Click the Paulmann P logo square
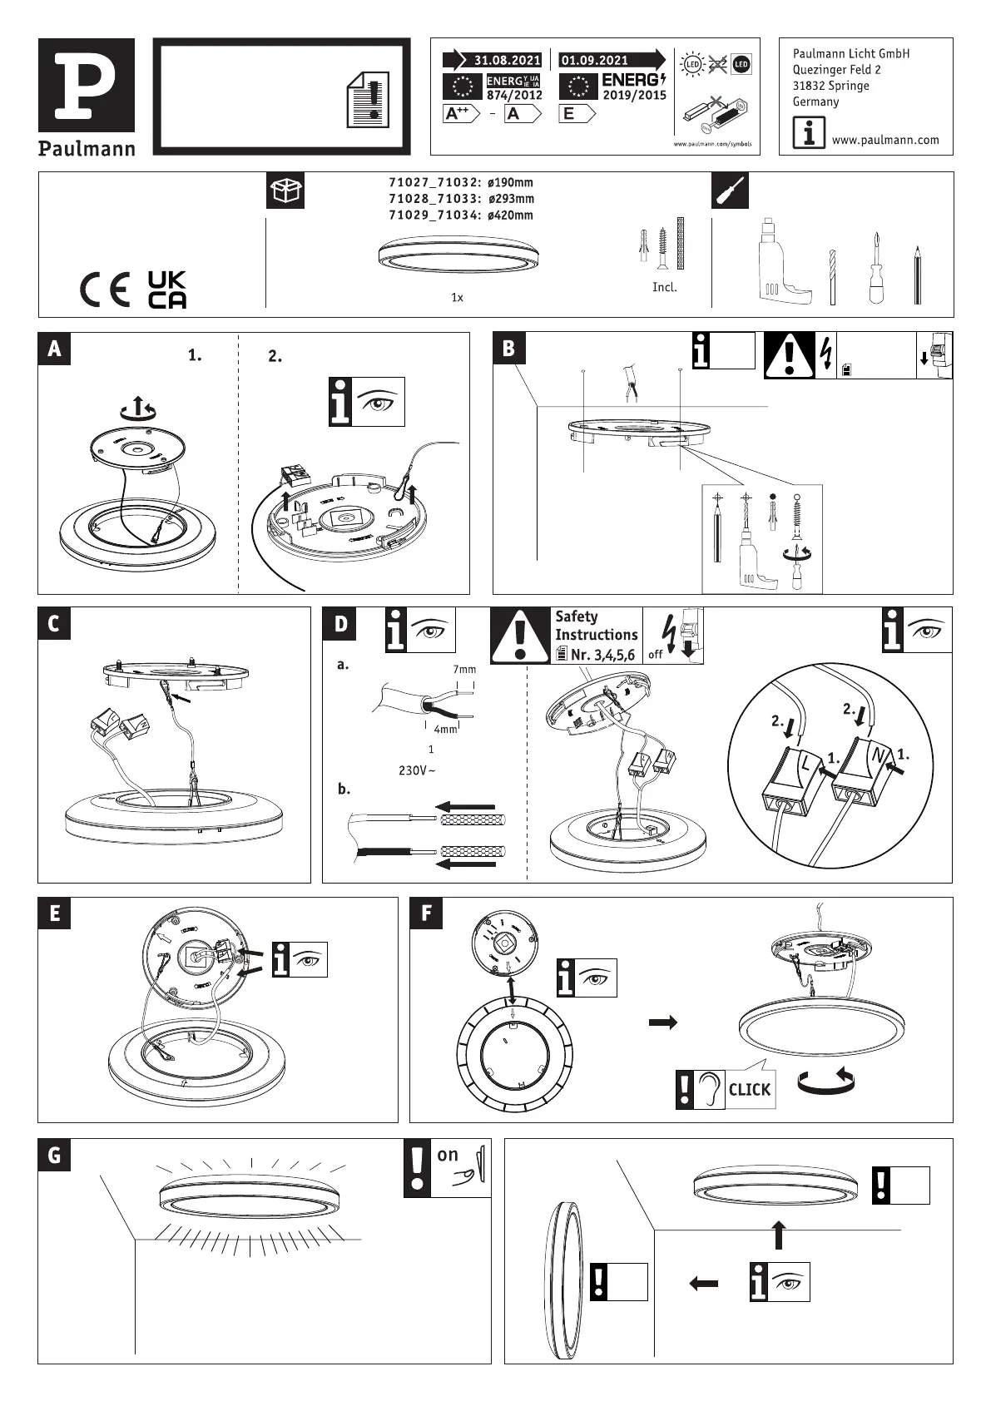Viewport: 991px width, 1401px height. (x=87, y=86)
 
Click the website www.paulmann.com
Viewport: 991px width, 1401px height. (x=885, y=140)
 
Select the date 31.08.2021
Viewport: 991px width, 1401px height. (x=507, y=61)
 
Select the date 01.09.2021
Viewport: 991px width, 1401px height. (x=595, y=61)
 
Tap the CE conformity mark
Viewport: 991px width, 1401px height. (x=105, y=290)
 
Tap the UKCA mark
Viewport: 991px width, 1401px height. (x=167, y=290)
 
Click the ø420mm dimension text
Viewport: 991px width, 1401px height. (x=509, y=215)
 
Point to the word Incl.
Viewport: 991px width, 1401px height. (x=664, y=288)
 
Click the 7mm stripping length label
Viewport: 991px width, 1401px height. (x=464, y=670)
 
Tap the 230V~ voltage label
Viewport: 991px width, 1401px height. (x=417, y=770)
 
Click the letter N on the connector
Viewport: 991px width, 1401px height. (x=876, y=756)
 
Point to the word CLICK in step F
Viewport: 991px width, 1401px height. (x=749, y=1090)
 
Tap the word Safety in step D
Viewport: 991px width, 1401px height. (x=577, y=617)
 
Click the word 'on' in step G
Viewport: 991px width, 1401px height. (x=448, y=1155)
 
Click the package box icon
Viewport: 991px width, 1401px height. (x=285, y=191)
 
